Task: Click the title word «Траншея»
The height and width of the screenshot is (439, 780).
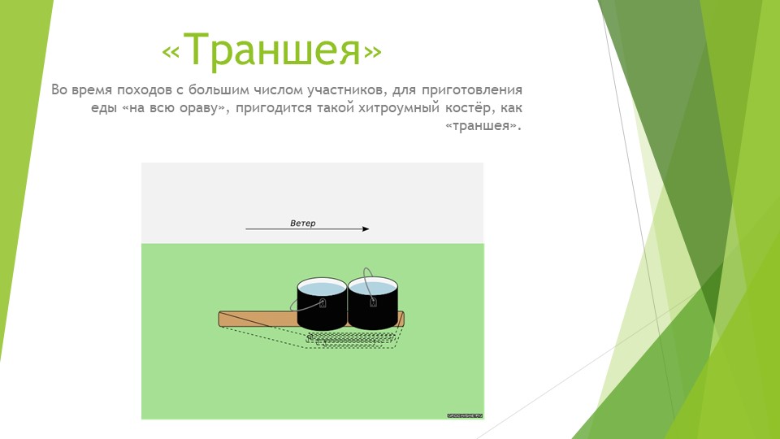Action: point(271,51)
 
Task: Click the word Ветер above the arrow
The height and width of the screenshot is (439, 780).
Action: point(302,223)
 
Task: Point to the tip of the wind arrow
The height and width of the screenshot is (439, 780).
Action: point(367,229)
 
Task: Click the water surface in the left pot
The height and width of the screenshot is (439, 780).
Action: point(322,287)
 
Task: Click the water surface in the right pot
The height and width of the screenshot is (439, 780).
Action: point(373,287)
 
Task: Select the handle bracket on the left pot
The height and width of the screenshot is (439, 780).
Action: point(323,304)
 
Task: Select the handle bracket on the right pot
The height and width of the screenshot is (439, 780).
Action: point(374,303)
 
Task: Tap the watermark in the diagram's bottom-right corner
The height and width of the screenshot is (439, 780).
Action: point(464,415)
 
